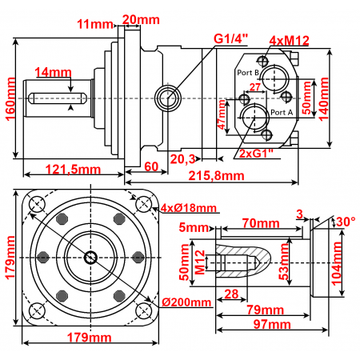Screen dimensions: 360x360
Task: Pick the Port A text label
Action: (282, 112)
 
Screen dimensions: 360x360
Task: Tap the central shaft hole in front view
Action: (90, 258)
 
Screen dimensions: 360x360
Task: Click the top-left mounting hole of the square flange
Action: (36, 205)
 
